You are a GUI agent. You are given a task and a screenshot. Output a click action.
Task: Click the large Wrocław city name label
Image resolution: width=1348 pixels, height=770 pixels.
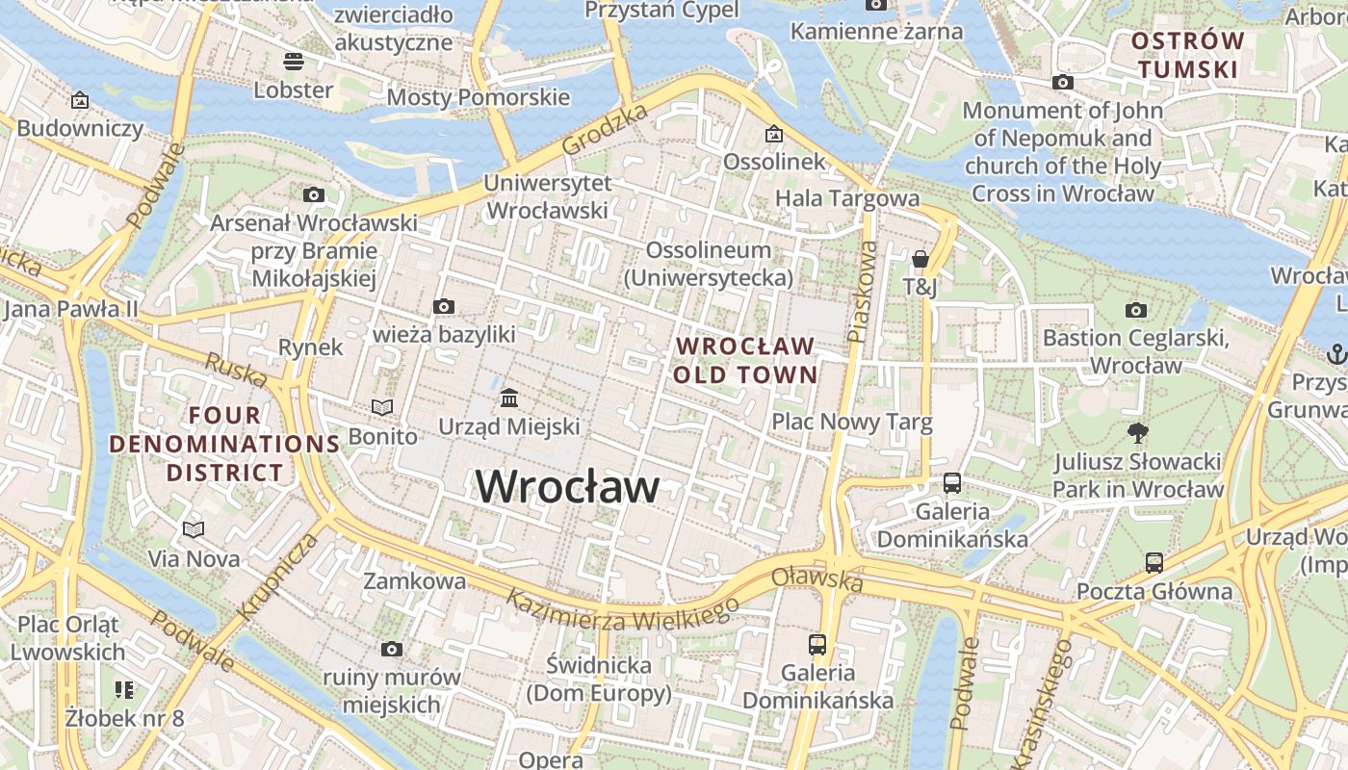[568, 486]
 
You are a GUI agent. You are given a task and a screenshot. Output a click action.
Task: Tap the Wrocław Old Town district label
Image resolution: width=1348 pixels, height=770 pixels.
[745, 360]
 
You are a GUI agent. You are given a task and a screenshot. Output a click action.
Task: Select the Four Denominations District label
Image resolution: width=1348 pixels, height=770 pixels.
[224, 444]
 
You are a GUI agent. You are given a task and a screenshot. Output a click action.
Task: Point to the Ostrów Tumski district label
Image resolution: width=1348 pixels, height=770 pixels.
[1187, 55]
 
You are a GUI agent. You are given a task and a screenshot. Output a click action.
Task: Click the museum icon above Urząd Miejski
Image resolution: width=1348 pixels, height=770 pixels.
[509, 398]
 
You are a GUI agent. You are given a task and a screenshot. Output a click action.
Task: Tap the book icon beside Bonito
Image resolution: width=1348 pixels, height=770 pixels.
[382, 408]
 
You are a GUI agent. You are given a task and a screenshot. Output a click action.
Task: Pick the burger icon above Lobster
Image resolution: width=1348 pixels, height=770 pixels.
[294, 62]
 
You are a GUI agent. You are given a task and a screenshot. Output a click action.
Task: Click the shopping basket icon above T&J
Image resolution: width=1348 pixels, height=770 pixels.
[920, 259]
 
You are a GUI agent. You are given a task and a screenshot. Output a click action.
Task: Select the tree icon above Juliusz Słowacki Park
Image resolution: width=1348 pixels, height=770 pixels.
[1137, 433]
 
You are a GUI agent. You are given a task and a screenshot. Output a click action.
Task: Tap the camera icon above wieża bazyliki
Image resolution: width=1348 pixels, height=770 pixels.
[444, 307]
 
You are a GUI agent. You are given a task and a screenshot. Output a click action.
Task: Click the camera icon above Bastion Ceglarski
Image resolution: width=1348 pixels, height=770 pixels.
[1136, 310]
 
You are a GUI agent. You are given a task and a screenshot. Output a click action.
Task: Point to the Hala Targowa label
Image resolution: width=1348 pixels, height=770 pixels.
[847, 198]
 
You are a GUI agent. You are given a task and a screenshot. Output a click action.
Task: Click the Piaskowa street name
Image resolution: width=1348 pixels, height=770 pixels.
[863, 292]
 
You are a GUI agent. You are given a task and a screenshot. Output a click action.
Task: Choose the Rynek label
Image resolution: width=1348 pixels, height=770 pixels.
[310, 346]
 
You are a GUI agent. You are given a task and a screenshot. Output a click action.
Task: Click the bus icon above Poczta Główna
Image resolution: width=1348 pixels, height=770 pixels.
[1154, 563]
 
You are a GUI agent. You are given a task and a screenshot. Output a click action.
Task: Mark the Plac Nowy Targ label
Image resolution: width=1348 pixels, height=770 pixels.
[851, 422]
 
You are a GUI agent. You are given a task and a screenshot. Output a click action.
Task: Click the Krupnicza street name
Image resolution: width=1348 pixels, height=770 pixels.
[277, 575]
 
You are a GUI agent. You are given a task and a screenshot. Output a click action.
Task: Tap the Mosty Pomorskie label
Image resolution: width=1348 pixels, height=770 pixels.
[478, 97]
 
